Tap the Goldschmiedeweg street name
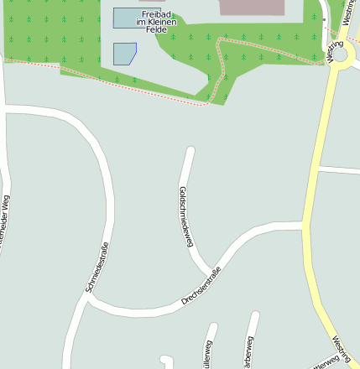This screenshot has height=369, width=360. point(186,216)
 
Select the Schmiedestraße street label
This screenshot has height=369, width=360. point(97,267)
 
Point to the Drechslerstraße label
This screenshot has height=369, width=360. point(201,287)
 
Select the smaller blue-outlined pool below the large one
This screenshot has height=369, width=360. point(123,54)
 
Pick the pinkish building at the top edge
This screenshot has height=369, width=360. point(252,7)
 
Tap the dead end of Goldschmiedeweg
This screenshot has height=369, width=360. point(190,151)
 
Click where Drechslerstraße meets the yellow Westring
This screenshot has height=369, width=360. point(304,226)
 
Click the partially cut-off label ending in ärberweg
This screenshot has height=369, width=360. point(248,352)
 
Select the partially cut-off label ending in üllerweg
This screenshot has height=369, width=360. point(206,354)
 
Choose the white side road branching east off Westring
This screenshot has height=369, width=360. point(339,170)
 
